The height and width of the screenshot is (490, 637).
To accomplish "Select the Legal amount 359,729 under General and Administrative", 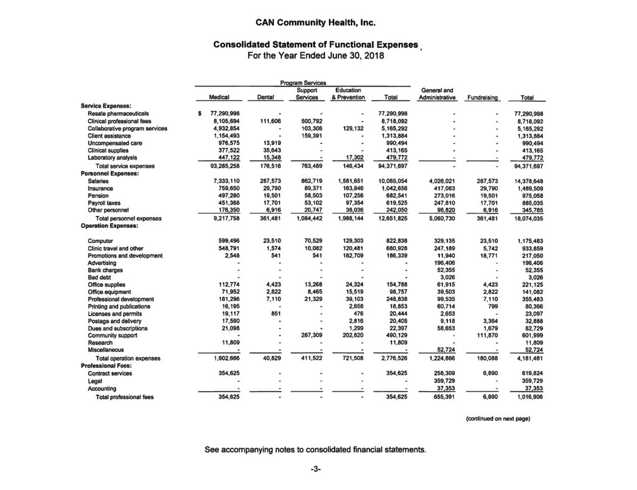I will (443, 381).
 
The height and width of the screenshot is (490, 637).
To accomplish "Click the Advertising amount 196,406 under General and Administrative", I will (443, 263).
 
